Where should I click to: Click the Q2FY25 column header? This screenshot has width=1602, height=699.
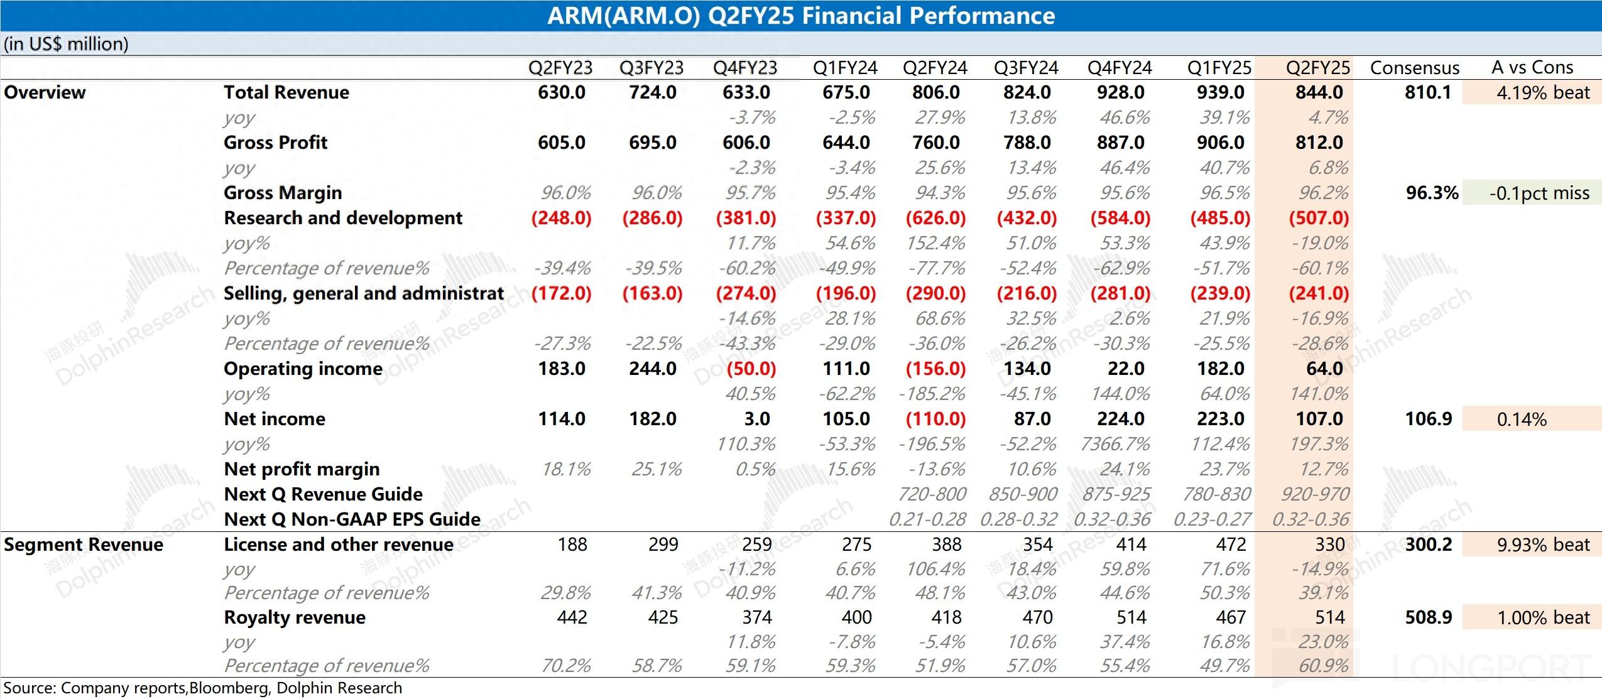[1317, 67]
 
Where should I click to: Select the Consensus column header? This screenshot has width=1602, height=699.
[1414, 67]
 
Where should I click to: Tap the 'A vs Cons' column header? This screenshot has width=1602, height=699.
[1532, 67]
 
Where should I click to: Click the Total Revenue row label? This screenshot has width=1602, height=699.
[286, 92]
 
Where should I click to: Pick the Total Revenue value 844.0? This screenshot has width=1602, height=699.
[1319, 92]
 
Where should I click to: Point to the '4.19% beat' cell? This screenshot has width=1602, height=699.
[1543, 92]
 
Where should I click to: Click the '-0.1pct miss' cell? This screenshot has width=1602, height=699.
[1539, 193]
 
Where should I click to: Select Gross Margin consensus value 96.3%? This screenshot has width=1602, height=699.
[1432, 193]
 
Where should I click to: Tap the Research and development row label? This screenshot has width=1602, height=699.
[342, 218]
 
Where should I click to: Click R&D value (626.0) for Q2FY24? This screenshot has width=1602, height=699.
[935, 218]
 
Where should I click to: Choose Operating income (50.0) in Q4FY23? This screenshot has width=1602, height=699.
[751, 369]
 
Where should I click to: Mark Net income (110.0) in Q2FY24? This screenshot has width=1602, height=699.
[935, 419]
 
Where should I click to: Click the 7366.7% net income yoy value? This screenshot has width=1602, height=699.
[1115, 444]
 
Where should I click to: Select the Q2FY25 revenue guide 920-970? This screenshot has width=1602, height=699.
[1315, 494]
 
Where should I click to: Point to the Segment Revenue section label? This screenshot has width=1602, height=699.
[83, 545]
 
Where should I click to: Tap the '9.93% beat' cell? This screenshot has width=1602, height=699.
[1543, 545]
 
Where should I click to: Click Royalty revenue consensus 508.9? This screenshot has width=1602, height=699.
[1428, 617]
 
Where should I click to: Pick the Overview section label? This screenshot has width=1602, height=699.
[45, 92]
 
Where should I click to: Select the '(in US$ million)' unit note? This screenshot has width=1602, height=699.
[66, 44]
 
